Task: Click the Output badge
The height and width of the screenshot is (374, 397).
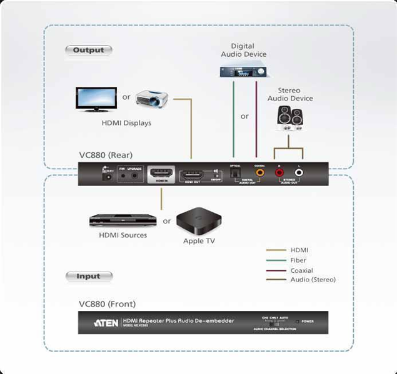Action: point(88,50)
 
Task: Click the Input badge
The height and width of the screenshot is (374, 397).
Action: point(88,276)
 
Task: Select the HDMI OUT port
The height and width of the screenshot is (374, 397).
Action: point(192,175)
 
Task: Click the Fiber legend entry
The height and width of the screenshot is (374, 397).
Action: point(298,260)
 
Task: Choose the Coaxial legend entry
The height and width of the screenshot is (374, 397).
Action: point(301,270)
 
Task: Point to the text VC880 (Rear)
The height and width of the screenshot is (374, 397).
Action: point(106,155)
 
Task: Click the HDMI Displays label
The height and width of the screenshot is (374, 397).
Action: point(126,123)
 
